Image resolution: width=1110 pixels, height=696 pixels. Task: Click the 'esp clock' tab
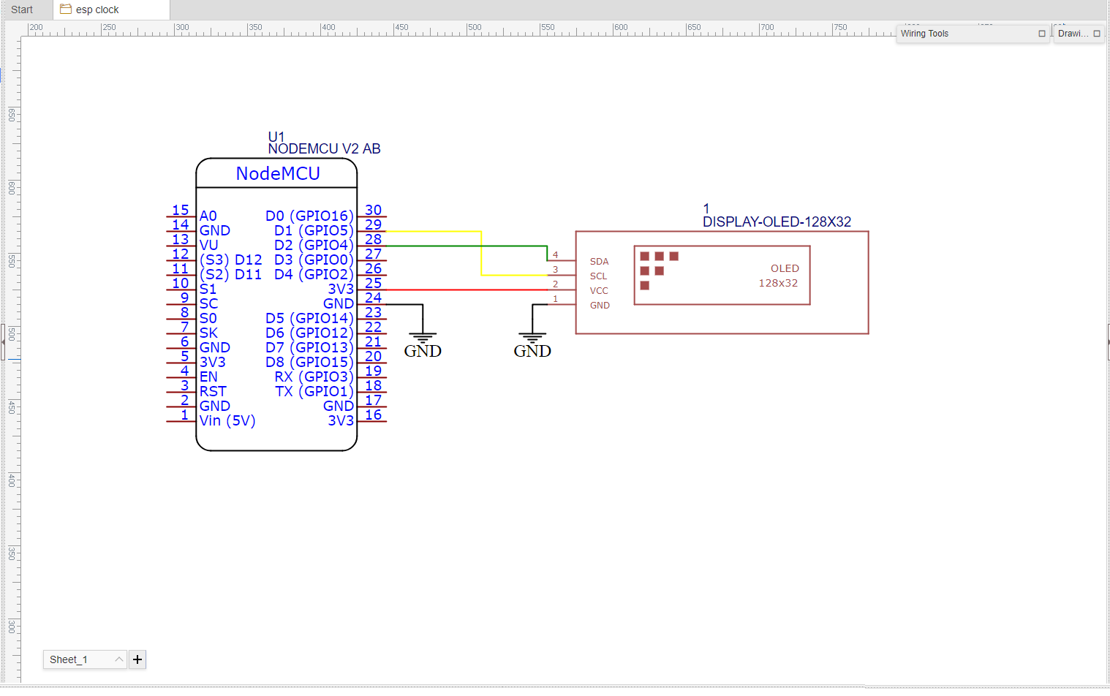(x=97, y=10)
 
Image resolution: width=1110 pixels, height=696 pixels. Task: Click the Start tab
(x=22, y=10)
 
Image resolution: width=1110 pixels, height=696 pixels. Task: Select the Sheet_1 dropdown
(x=85, y=659)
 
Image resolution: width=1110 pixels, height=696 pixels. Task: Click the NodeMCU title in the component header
(x=278, y=173)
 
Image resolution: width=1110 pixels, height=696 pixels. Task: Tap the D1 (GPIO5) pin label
(x=314, y=230)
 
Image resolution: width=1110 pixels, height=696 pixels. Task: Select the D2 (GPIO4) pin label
(x=314, y=245)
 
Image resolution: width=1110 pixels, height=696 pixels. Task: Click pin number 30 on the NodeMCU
(x=373, y=211)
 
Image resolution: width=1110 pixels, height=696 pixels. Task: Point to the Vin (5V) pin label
(x=227, y=420)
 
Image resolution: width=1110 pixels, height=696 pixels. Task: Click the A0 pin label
(x=208, y=216)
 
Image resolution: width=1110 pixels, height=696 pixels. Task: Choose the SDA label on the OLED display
(x=599, y=261)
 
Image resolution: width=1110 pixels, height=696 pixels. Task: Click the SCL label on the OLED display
(x=598, y=276)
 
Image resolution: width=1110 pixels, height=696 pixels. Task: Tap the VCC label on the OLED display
(x=599, y=290)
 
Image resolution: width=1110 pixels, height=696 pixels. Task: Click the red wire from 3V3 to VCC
(x=468, y=290)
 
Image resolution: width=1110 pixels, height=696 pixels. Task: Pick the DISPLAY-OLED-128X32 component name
(x=777, y=222)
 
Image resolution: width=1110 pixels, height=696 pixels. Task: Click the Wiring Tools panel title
(x=924, y=34)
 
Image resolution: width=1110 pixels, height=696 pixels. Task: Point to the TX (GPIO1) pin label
(x=314, y=391)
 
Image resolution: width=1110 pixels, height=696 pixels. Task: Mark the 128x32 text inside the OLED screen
(x=778, y=283)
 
